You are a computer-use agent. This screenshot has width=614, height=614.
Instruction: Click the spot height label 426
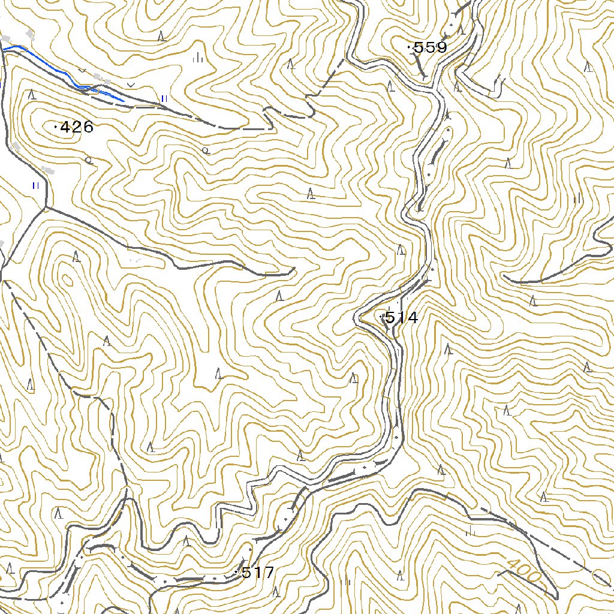(77, 127)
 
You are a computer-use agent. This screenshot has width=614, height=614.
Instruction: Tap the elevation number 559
(430, 48)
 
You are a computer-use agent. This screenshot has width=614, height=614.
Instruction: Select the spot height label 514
(401, 318)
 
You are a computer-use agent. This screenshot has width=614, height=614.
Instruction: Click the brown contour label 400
(523, 571)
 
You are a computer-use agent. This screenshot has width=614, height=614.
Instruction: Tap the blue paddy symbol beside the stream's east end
(164, 98)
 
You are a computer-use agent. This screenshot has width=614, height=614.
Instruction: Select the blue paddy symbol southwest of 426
(35, 185)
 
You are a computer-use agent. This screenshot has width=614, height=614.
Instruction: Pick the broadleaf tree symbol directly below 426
(89, 160)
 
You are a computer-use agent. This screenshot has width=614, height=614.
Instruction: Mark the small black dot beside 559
(409, 47)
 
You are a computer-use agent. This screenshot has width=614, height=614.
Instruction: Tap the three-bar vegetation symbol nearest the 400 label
(471, 531)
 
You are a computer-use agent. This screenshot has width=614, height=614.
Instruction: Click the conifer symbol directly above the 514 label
(401, 249)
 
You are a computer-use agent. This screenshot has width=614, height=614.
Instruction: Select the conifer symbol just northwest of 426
(32, 94)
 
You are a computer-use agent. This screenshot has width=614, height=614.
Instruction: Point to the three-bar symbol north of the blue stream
(197, 58)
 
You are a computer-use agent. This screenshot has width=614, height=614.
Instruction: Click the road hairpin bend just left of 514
(358, 318)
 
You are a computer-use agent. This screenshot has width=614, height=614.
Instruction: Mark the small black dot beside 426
(56, 127)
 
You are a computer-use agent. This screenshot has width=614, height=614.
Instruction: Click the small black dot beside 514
(381, 315)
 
